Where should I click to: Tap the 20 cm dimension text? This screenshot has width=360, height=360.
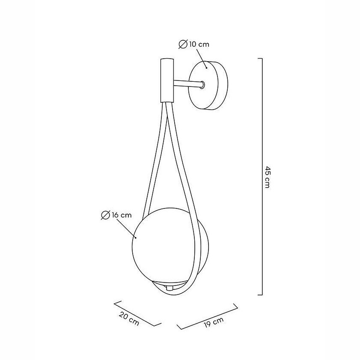[129, 319]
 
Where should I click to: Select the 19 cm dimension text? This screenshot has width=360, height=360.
[214, 322]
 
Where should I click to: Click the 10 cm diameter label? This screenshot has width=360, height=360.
[199, 44]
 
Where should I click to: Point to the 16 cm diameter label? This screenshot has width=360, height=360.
[122, 215]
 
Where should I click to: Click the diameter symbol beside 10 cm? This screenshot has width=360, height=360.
[183, 44]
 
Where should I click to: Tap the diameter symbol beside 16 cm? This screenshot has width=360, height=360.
[105, 215]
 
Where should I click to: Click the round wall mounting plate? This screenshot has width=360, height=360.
[208, 85]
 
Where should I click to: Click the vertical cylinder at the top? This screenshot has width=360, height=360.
[167, 80]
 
